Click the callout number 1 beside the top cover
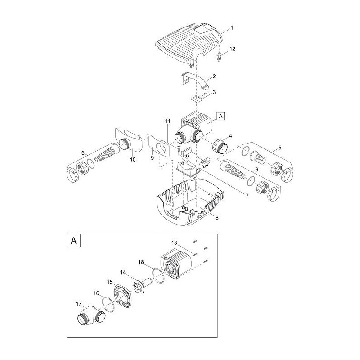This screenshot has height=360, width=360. [232, 28]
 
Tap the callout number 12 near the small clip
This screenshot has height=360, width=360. [232, 49]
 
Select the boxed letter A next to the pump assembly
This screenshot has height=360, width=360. [220, 116]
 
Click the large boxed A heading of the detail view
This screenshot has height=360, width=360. [74, 241]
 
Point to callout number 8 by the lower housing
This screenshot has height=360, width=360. [217, 217]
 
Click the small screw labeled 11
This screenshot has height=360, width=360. [178, 148]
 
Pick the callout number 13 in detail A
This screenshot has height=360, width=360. [174, 243]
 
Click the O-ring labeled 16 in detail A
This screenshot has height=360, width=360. [109, 305]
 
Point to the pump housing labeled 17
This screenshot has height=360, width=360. [91, 316]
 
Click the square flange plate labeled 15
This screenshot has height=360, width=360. [123, 296]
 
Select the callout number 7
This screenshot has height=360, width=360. [247, 196]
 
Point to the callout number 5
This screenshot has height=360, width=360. [280, 148]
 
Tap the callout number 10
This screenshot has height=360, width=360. [133, 160]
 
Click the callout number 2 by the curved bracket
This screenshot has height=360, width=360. [214, 76]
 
